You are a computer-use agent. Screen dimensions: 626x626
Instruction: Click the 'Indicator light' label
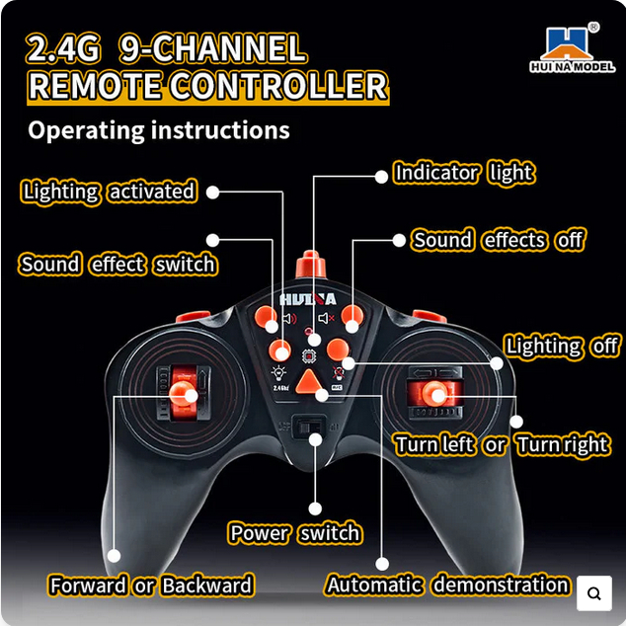click(x=463, y=174)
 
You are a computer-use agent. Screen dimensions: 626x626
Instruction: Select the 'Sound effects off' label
click(x=498, y=240)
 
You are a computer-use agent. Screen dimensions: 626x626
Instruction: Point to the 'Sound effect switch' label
click(x=117, y=265)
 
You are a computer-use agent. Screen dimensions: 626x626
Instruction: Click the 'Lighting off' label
click(x=562, y=347)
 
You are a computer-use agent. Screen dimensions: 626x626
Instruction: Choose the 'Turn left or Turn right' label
click(x=502, y=445)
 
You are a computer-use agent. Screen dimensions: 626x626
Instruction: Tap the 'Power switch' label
click(x=295, y=534)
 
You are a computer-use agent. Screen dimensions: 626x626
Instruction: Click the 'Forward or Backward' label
click(x=151, y=586)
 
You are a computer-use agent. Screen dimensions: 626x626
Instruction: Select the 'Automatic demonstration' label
click(x=447, y=586)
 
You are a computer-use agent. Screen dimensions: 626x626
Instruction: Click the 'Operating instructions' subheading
click(x=159, y=130)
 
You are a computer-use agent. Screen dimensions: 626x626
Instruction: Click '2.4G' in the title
click(x=64, y=48)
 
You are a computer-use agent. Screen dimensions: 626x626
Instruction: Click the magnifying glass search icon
click(x=594, y=593)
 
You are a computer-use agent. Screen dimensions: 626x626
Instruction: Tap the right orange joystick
click(x=434, y=393)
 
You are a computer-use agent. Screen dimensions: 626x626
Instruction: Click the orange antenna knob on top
click(x=313, y=265)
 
